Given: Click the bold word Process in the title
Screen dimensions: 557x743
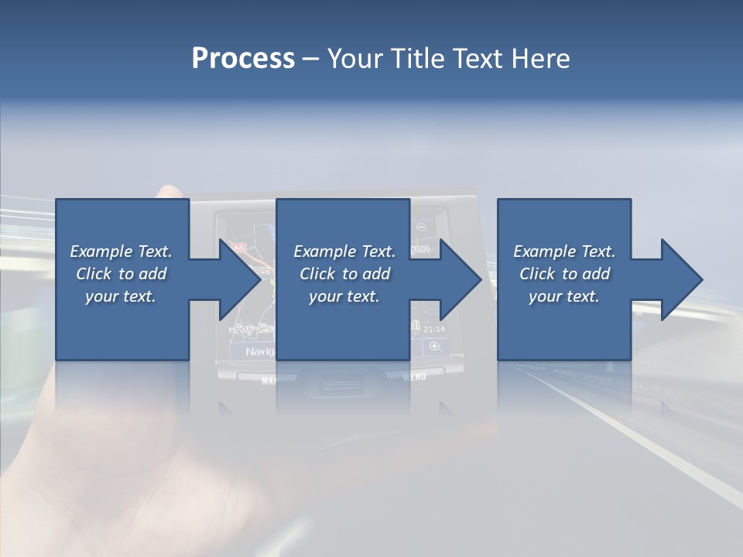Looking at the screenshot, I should pyautogui.click(x=243, y=59).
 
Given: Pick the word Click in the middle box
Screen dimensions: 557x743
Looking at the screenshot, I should pyautogui.click(x=316, y=274).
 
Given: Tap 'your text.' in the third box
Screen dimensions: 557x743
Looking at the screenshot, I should pyautogui.click(x=563, y=296).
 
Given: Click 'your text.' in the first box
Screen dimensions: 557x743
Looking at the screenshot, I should pyautogui.click(x=121, y=296).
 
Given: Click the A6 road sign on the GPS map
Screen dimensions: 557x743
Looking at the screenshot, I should pyautogui.click(x=239, y=248).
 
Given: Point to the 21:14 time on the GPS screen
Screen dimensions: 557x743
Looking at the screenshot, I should pyautogui.click(x=435, y=329).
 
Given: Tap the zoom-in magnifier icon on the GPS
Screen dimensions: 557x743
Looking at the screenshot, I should pyautogui.click(x=433, y=347).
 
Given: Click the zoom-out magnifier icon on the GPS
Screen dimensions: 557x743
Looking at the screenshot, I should pyautogui.click(x=421, y=227).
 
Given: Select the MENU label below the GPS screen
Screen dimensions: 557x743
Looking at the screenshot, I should pyautogui.click(x=415, y=377).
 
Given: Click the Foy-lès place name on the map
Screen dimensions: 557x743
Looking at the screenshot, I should pyautogui.click(x=254, y=329).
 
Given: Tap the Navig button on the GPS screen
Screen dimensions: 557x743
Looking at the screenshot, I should pyautogui.click(x=259, y=351).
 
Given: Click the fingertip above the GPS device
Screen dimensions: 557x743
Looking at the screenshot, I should pyautogui.click(x=167, y=191).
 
